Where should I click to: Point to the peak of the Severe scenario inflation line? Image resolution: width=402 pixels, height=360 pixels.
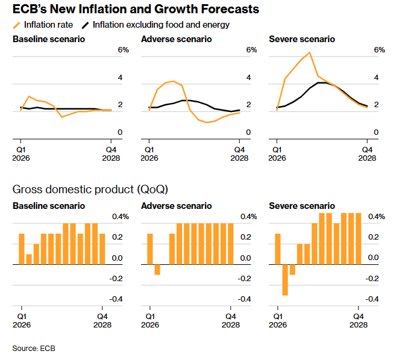click(x=310, y=53)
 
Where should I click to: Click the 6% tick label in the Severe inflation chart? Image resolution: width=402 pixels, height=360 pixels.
click(x=379, y=50)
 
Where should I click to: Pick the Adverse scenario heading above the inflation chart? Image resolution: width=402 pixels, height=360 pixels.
click(x=176, y=39)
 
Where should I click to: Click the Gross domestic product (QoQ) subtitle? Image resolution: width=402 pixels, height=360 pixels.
click(x=90, y=189)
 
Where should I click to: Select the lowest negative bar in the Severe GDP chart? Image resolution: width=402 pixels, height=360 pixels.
click(x=285, y=280)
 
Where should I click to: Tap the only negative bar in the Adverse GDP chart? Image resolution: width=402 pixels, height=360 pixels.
click(x=157, y=270)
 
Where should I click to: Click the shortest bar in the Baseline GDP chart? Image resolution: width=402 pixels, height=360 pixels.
click(x=29, y=259)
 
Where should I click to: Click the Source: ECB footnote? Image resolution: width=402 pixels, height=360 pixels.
click(x=34, y=349)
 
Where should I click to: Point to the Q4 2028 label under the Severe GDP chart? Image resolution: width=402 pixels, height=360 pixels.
click(x=359, y=320)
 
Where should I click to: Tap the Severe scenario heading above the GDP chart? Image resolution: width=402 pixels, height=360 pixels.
click(x=301, y=206)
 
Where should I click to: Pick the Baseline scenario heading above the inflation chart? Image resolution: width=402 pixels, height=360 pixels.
click(x=49, y=39)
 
